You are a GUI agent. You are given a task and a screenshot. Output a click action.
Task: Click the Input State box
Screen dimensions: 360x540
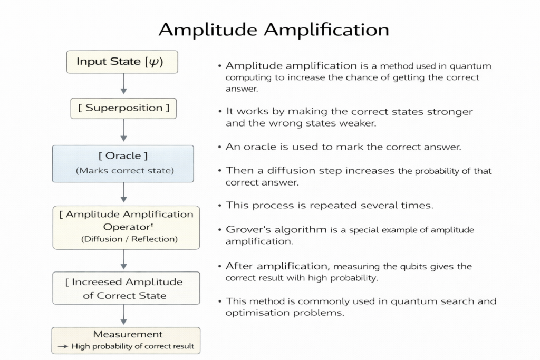[x=122, y=62]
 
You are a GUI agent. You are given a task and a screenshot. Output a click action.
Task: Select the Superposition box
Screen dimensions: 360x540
[x=123, y=108]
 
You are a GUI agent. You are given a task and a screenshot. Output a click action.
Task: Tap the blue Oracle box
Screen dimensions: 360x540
[x=123, y=163]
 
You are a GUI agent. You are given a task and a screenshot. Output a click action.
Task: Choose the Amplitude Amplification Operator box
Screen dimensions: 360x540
[x=126, y=227]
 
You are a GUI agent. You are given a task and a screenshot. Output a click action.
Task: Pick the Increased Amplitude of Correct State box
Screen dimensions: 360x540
[x=126, y=288]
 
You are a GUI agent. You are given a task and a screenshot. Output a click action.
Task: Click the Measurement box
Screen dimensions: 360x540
[x=126, y=340]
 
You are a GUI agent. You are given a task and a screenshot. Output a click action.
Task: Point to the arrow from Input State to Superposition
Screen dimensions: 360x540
[x=123, y=84]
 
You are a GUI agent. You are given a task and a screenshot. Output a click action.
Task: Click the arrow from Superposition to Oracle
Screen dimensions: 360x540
[x=123, y=131]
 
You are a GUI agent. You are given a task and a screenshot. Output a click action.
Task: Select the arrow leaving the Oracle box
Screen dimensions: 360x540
[x=123, y=193]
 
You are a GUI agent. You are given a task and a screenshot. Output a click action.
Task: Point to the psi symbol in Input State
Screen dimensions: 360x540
[x=153, y=62]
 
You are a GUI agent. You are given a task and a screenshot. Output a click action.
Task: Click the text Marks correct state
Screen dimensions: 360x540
[x=124, y=171]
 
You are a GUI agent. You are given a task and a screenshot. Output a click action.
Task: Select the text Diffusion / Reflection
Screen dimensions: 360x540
[x=130, y=239]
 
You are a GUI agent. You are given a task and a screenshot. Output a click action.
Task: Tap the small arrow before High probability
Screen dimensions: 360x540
[x=62, y=347]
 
